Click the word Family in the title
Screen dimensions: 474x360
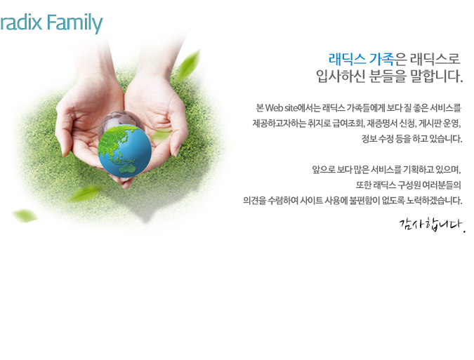pyautogui.click(x=74, y=23)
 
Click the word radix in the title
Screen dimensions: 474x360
pyautogui.click(x=21, y=22)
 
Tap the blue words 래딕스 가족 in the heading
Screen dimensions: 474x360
pyautogui.click(x=361, y=59)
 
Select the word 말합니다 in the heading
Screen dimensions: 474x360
pyautogui.click(x=437, y=76)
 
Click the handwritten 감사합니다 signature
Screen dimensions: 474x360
pyautogui.click(x=433, y=225)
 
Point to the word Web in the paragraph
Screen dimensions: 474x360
pyautogui.click(x=274, y=108)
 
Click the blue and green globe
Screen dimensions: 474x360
pyautogui.click(x=124, y=151)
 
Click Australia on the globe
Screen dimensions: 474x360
pyautogui.click(x=128, y=170)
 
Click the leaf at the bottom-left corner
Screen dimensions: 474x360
pyautogui.click(x=25, y=215)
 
